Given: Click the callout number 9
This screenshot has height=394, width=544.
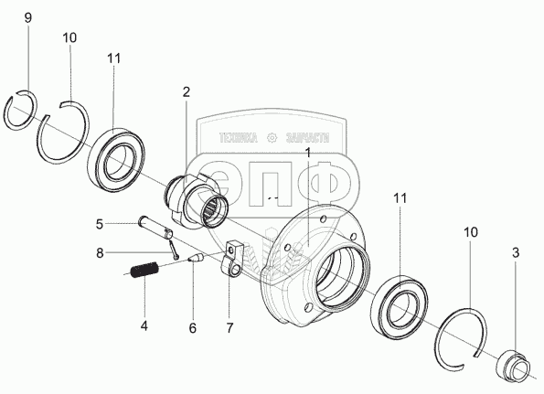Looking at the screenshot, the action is click(28, 17).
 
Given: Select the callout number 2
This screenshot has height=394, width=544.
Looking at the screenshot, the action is click(187, 92).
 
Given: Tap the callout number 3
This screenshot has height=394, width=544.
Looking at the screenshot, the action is click(516, 253).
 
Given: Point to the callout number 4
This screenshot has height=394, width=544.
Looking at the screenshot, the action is click(144, 326).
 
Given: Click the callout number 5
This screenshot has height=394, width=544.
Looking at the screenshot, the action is click(100, 224).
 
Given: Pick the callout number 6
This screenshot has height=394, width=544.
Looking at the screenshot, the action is click(193, 328).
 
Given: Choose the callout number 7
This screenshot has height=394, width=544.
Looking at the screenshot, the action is click(229, 328).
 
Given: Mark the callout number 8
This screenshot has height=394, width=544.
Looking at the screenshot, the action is click(100, 253).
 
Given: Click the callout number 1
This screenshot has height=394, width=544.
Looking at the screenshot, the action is click(307, 152).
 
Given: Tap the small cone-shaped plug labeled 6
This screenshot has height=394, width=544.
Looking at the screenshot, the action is click(196, 258).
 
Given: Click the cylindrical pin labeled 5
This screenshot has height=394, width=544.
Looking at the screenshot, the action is click(155, 228).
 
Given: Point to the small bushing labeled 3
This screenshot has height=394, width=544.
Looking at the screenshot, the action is click(514, 365).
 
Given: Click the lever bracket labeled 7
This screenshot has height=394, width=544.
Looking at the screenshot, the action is click(231, 259).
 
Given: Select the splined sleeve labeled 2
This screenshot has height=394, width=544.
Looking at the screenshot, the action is click(197, 202).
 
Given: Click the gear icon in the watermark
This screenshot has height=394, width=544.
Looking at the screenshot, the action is click(272, 138).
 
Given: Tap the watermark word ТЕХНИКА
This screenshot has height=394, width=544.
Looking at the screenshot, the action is click(239, 138).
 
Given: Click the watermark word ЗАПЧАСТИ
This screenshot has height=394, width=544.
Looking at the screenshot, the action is click(307, 138).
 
